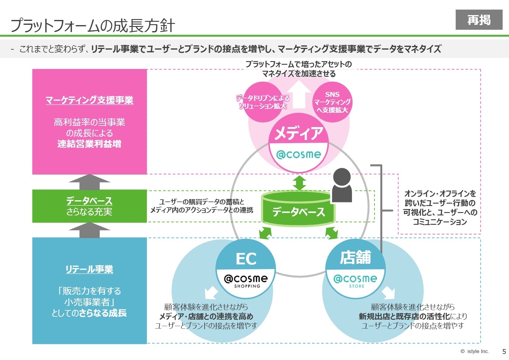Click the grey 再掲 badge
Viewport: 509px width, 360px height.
tap(479, 20)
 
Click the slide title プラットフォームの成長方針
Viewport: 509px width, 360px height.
tap(93, 25)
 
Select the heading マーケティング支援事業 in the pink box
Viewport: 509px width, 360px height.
tap(89, 100)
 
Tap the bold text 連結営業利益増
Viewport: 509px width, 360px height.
tap(89, 144)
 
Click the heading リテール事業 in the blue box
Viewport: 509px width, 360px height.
tap(89, 269)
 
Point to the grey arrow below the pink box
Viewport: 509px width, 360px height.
tap(90, 182)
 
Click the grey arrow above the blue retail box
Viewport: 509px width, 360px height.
tap(90, 230)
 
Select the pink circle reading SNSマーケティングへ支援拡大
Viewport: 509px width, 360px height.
tap(332, 102)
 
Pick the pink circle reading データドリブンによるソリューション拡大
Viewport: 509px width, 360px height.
tap(263, 102)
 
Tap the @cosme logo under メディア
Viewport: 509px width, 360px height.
tap(299, 155)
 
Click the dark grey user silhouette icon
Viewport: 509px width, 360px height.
tap(342, 185)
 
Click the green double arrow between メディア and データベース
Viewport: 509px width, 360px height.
tap(299, 183)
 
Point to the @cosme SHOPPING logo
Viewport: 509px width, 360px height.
tap(246, 280)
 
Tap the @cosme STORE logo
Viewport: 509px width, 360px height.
tap(356, 280)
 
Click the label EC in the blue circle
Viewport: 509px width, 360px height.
tap(246, 259)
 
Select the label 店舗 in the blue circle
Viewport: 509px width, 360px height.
tap(355, 257)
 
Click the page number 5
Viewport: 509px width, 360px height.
tap(504, 352)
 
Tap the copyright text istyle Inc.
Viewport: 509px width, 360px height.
tap(475, 352)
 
